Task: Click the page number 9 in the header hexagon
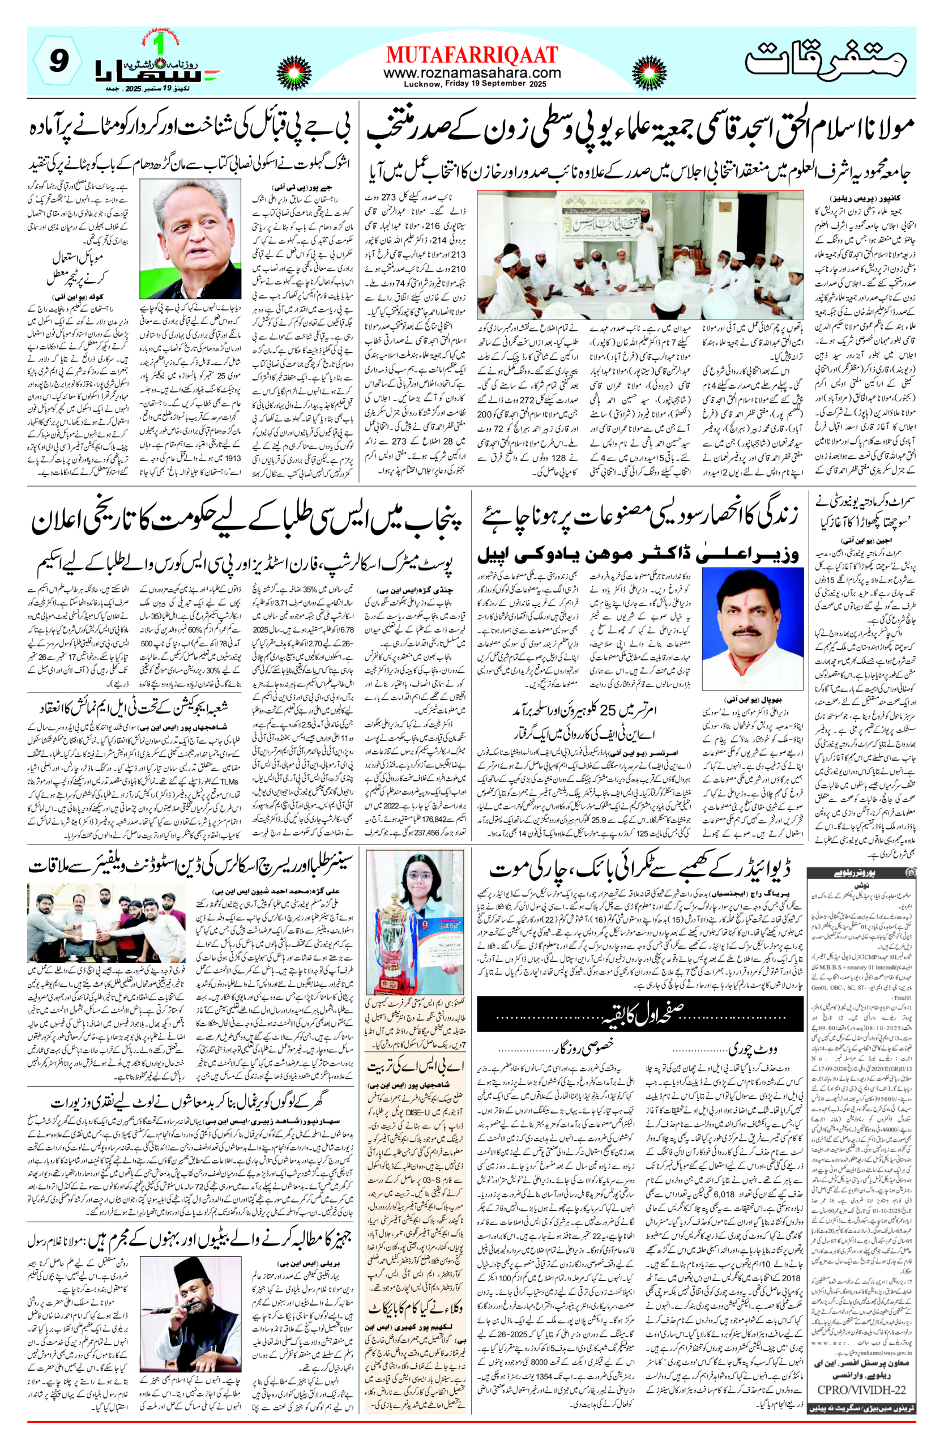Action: tap(58, 61)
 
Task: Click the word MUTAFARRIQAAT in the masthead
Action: tap(471, 55)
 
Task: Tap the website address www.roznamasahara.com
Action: tap(471, 72)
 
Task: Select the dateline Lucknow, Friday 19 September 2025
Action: tap(471, 83)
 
